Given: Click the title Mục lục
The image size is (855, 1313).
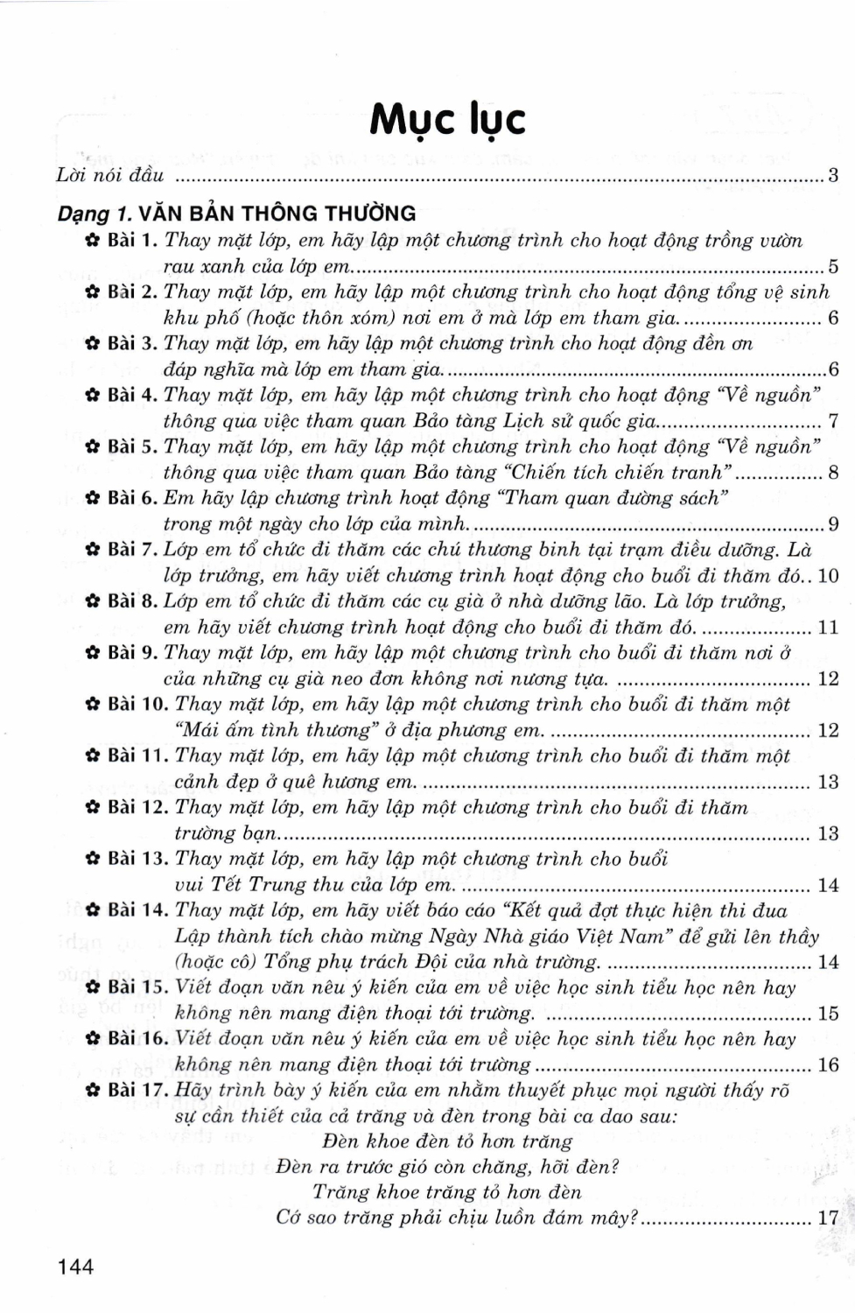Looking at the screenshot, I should pos(447,120).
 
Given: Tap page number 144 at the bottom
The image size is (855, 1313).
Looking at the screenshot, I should pos(75,1266).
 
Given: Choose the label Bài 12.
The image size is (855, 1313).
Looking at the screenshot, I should pos(138,807).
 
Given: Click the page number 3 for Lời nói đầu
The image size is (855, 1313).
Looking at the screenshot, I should pos(833,175).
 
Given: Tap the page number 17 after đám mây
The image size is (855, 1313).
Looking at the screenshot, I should pos(828,1218).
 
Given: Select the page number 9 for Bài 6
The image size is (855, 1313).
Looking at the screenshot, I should pos(833,524).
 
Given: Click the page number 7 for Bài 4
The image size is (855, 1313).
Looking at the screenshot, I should pos(833,421).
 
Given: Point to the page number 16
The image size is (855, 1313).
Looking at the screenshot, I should pos(828,1065).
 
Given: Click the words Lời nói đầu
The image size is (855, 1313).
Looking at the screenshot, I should pos(110,175).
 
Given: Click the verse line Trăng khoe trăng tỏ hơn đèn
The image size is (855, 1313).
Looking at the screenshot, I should pos(446,1192).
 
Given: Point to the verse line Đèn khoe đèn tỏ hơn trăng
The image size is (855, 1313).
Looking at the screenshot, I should pos(447,1141).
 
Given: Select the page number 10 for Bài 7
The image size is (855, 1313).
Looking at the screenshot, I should pos(828,576).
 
